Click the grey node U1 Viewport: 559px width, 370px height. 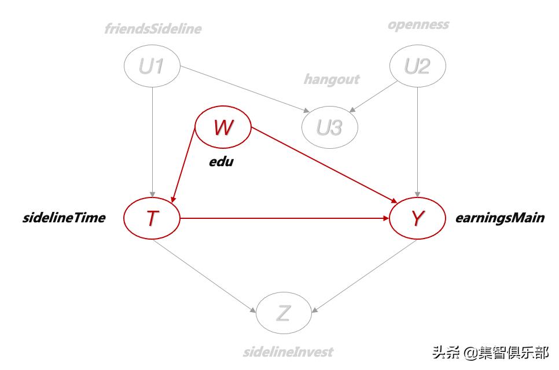coord(152,67)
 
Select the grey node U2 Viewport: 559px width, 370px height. coord(417,67)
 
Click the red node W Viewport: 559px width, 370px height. coord(223,127)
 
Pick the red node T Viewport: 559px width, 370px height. coord(152,218)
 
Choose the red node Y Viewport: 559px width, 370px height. coord(417,218)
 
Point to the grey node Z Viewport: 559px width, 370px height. coord(284,313)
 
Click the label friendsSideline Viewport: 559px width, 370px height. coord(153,28)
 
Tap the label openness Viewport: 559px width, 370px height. coord(418,24)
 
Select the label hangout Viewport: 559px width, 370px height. coord(332,79)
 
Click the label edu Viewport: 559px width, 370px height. coord(221,162)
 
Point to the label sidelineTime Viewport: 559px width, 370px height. coord(64,218)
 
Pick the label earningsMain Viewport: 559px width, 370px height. coord(500,218)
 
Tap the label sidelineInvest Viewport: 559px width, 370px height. coord(288,351)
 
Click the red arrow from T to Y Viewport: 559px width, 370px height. coord(284,219)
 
